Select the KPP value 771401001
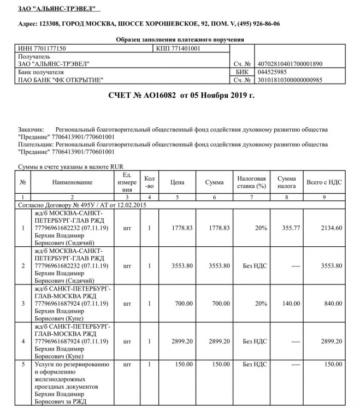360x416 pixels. pyautogui.click(x=179, y=48)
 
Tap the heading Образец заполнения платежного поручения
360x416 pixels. pyautogui.click(x=180, y=39)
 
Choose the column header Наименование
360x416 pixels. pyautogui.click(x=73, y=182)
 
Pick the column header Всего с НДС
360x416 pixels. pyautogui.click(x=324, y=182)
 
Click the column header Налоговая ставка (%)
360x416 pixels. pyautogui.click(x=251, y=182)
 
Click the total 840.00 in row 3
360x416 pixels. pyautogui.click(x=333, y=304)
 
